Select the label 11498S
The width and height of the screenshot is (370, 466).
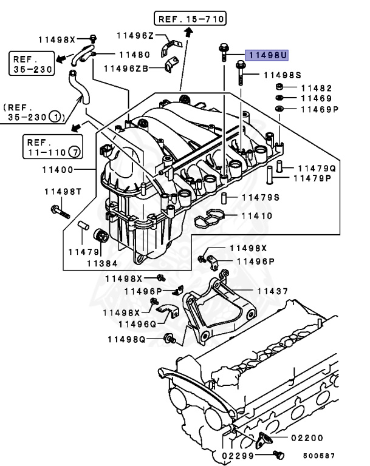(282, 75)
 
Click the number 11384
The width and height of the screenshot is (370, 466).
(101, 263)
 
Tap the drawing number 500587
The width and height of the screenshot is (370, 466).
(318, 454)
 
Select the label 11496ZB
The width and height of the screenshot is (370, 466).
(126, 68)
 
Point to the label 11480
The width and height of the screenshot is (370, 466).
(134, 54)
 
